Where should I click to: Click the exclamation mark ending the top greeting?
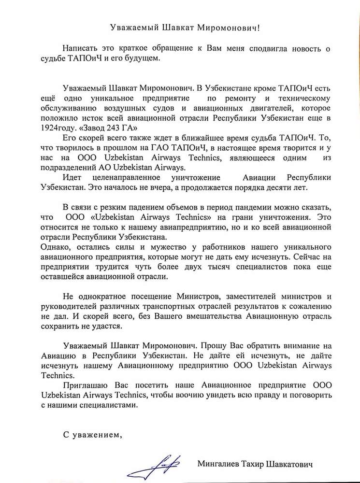pos(262,28)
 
